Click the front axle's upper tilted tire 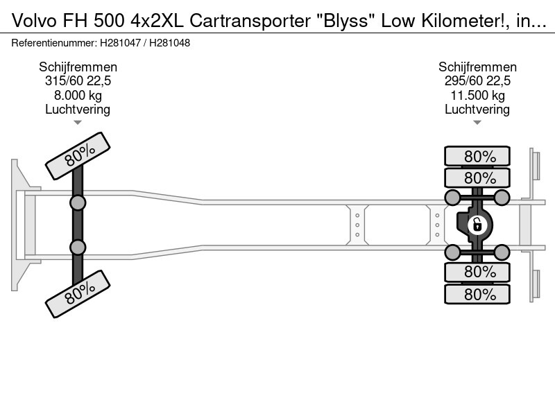pyautogui.click(x=78, y=156)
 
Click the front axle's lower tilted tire pyautogui.click(x=78, y=294)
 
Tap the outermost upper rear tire pyautogui.click(x=477, y=156)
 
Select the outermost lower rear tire pyautogui.click(x=477, y=294)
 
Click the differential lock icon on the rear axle pyautogui.click(x=477, y=225)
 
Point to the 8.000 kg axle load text pyautogui.click(x=78, y=95)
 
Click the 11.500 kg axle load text pyautogui.click(x=477, y=95)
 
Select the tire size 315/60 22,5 pyautogui.click(x=78, y=81)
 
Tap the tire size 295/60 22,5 pyautogui.click(x=477, y=81)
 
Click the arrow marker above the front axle pyautogui.click(x=78, y=123)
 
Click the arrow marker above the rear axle pyautogui.click(x=477, y=123)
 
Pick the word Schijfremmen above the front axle pyautogui.click(x=78, y=67)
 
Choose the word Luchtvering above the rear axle pyautogui.click(x=477, y=110)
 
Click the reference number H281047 pyautogui.click(x=120, y=43)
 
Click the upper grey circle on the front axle pyautogui.click(x=78, y=202)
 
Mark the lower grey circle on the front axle pyautogui.click(x=78, y=248)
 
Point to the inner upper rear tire pyautogui.click(x=477, y=177)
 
